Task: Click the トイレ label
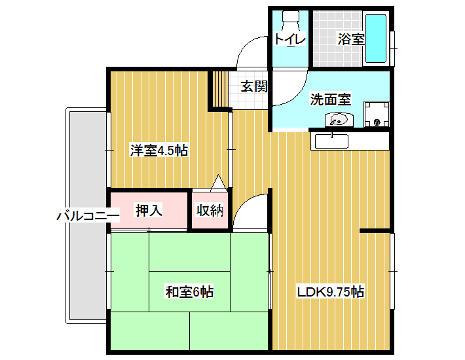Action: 289,39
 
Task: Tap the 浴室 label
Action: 351,39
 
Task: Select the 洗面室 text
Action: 331,99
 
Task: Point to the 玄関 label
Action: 254,86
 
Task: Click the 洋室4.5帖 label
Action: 159,151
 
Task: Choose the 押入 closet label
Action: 149,210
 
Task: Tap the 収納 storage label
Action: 210,210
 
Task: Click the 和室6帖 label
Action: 189,291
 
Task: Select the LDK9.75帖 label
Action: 331,292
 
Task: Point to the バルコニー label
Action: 88,215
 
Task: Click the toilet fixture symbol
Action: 291,20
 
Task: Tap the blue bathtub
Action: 376,38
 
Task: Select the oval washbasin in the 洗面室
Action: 339,120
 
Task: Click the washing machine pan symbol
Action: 377,115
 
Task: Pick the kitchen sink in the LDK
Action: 331,141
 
